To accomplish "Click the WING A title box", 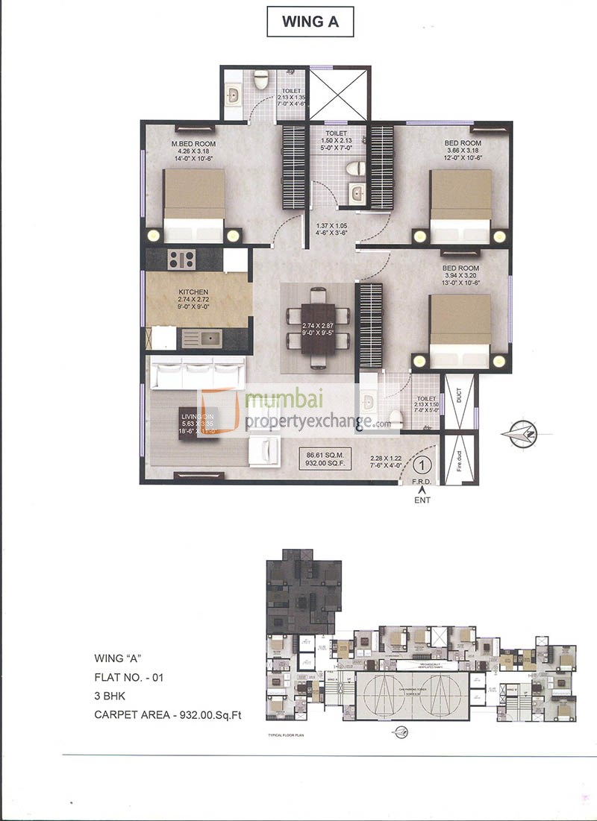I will click(310, 22).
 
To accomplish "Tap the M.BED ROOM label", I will click(193, 143).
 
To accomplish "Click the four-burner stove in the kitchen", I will click(182, 259).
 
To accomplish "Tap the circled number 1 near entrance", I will click(422, 465).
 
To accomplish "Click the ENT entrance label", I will click(423, 500).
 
